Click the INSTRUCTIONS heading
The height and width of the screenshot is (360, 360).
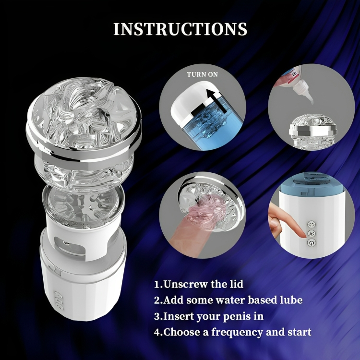[x=180, y=29]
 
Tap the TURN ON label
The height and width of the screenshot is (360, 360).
[x=202, y=74]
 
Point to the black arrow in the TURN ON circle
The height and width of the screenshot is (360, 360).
[x=216, y=100]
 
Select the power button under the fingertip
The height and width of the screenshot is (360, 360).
[x=312, y=242]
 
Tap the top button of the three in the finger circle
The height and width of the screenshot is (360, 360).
[x=312, y=224]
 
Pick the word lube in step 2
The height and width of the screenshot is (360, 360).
[x=291, y=300]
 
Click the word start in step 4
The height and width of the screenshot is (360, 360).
[x=300, y=333]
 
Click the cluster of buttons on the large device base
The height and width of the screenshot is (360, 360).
[x=58, y=300]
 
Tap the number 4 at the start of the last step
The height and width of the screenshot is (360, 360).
[x=157, y=332]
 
